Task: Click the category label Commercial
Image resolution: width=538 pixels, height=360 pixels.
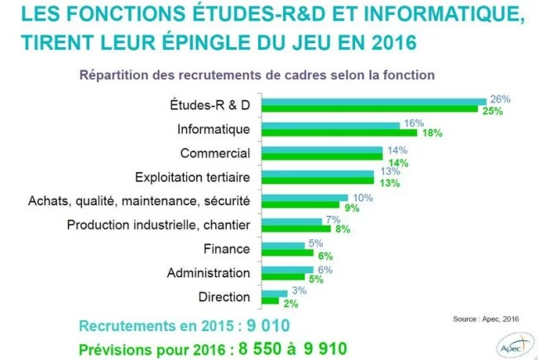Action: [x=214, y=153]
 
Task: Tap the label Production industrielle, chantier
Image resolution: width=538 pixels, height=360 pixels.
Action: [x=158, y=225]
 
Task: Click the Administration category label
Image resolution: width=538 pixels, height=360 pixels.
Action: [x=208, y=272]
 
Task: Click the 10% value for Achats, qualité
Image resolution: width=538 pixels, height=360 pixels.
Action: [x=363, y=196]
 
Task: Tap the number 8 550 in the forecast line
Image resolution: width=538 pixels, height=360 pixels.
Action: [x=235, y=348]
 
